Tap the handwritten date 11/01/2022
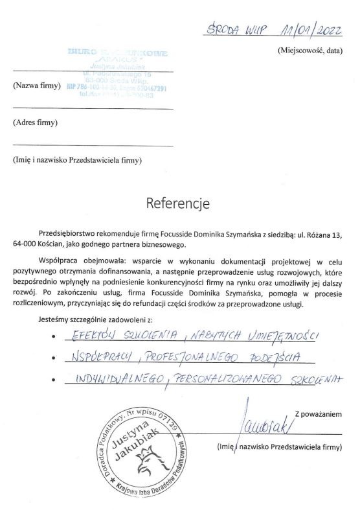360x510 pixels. point(304,30)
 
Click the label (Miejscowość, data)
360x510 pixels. point(308,50)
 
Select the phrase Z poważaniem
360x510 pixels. point(317,412)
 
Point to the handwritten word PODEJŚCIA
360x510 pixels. point(260,357)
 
